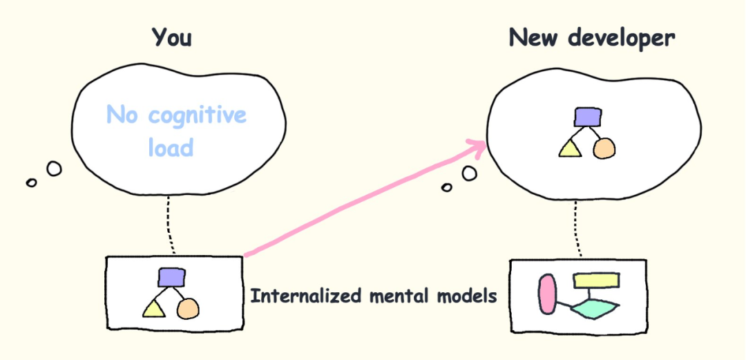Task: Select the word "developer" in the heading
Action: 622,39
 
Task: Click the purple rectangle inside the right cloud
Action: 587,117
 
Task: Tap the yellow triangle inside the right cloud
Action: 571,149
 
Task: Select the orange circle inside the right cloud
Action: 604,147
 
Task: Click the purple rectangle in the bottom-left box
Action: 172,277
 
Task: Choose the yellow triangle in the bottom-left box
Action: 155,309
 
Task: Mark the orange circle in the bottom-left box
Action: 188,309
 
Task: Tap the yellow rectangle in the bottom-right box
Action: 596,280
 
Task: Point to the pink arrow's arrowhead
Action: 480,144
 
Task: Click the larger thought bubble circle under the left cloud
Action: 53,168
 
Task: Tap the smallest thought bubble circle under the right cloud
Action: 447,187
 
